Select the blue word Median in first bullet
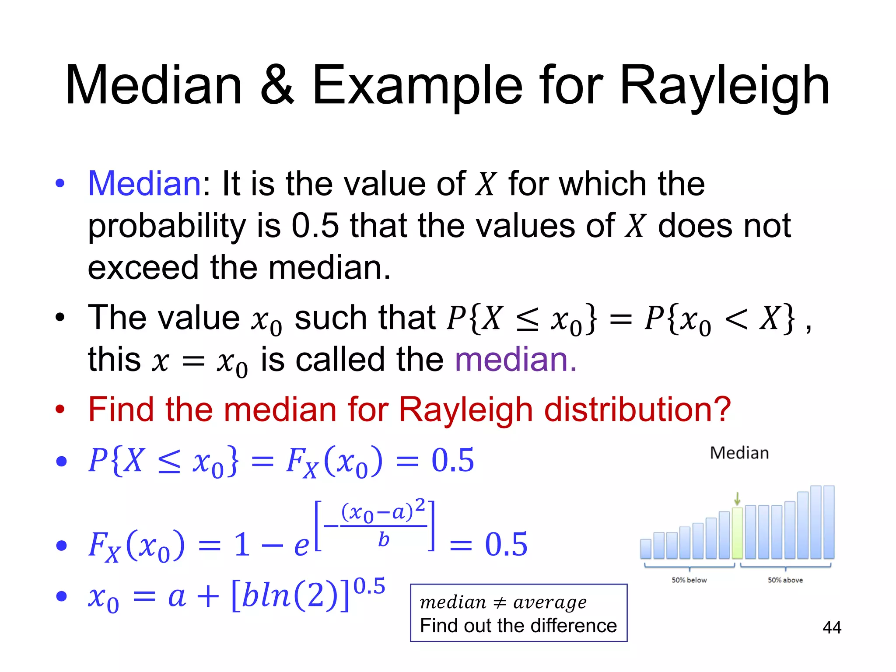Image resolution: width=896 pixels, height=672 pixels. click(x=144, y=184)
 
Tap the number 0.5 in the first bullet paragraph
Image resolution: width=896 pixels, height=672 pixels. click(x=315, y=226)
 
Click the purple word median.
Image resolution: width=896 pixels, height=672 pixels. click(x=515, y=360)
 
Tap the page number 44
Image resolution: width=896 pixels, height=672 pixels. click(x=832, y=627)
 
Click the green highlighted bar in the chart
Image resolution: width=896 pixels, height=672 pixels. click(x=737, y=533)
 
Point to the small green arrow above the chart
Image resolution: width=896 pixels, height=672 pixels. click(x=737, y=498)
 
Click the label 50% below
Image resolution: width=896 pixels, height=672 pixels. click(x=689, y=580)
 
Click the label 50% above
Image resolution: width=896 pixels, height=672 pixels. click(x=785, y=580)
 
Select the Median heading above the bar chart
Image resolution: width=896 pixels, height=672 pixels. click(x=739, y=453)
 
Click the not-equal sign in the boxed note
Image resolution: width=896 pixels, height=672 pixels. click(x=500, y=603)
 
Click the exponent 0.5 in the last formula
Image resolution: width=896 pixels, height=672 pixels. click(x=369, y=586)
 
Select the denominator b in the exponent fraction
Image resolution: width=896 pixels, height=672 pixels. click(x=383, y=540)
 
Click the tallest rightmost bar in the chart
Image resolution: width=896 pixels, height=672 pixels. click(x=829, y=521)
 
